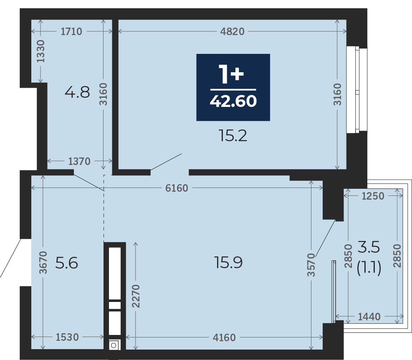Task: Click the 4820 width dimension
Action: click(232, 32)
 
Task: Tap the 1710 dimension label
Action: click(71, 32)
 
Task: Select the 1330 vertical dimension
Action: click(40, 51)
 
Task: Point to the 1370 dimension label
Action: click(79, 161)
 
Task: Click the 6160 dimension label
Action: click(177, 188)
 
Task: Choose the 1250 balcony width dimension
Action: click(373, 196)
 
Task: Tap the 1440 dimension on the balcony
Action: click(369, 317)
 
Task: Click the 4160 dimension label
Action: click(224, 337)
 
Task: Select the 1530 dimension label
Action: click(67, 337)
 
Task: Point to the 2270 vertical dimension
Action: click(136, 296)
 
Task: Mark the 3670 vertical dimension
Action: click(43, 262)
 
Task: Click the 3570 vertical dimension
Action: click(311, 265)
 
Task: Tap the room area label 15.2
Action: click(233, 136)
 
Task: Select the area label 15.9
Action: click(228, 262)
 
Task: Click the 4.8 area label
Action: click(77, 92)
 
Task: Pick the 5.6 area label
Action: click(66, 263)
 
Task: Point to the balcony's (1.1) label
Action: click(369, 268)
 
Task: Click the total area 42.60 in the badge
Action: click(233, 101)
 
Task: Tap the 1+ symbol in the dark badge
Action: click(232, 74)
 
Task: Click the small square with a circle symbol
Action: click(114, 345)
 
